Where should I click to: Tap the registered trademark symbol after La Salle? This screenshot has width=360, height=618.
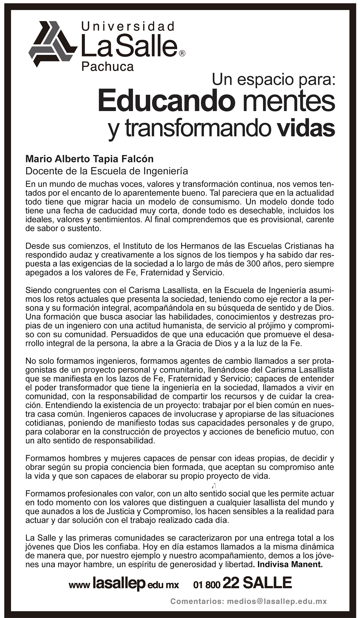[182, 53]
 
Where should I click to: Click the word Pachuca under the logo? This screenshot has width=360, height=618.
[107, 67]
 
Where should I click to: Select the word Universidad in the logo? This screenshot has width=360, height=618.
[128, 27]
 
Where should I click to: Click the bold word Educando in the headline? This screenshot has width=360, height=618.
[166, 102]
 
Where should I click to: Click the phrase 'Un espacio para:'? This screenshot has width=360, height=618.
[273, 80]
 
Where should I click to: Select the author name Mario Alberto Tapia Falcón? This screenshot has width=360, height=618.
[90, 159]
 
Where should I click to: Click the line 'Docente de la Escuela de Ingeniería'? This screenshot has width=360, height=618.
[107, 171]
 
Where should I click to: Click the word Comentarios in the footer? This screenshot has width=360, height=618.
[197, 601]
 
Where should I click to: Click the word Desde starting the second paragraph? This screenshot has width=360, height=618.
[36, 246]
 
